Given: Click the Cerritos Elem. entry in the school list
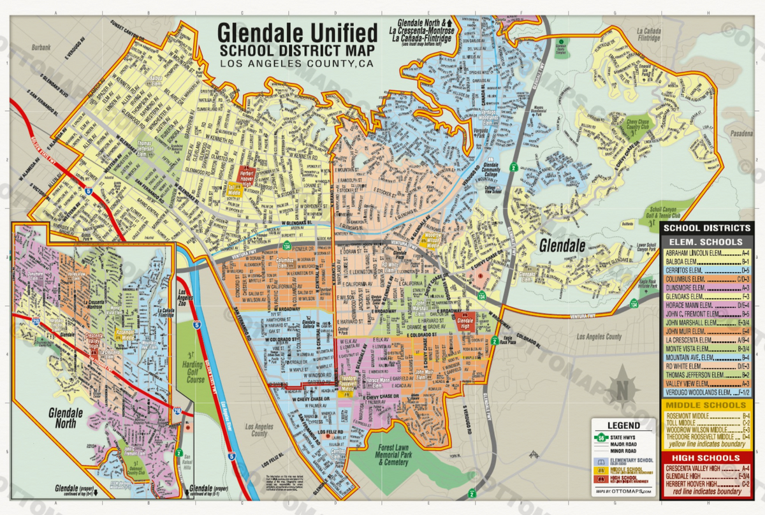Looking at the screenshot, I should click(x=695, y=270).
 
